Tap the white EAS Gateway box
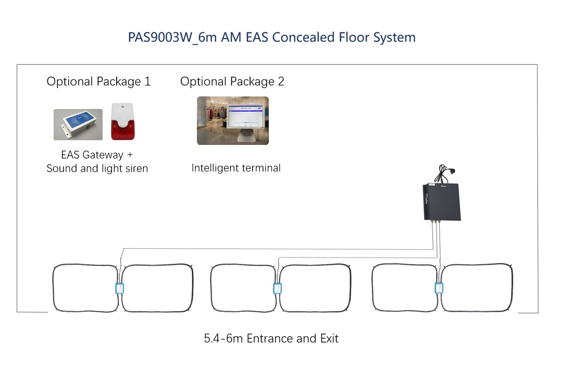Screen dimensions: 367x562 click(x=78, y=124)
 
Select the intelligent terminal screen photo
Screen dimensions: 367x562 click(x=232, y=120)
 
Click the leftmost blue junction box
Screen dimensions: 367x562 click(x=119, y=288)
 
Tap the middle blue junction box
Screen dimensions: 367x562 click(x=278, y=288)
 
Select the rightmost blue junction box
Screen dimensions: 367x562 click(x=439, y=288)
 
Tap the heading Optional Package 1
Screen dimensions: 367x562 click(x=98, y=81)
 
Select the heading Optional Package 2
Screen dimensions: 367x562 click(x=232, y=81)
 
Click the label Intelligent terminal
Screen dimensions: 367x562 click(x=236, y=168)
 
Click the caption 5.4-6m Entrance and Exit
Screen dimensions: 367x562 click(x=271, y=338)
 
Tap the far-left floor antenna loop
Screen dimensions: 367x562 click(x=84, y=288)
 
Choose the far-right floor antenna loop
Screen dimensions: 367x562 click(x=477, y=288)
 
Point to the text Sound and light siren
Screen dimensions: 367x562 click(x=97, y=168)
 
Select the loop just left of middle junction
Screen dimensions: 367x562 click(x=242, y=288)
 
